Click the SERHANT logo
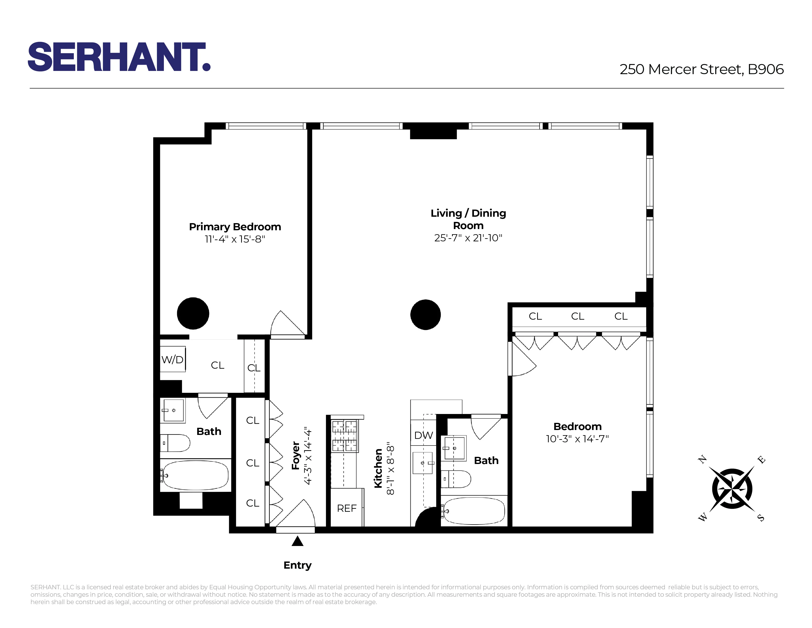(x=119, y=57)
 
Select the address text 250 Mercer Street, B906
(x=701, y=69)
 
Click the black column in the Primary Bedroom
(x=193, y=313)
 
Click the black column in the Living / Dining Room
(x=425, y=315)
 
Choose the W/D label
(x=172, y=360)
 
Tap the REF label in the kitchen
(x=346, y=508)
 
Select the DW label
(x=423, y=435)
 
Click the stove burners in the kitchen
(x=344, y=436)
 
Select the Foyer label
(x=296, y=455)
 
